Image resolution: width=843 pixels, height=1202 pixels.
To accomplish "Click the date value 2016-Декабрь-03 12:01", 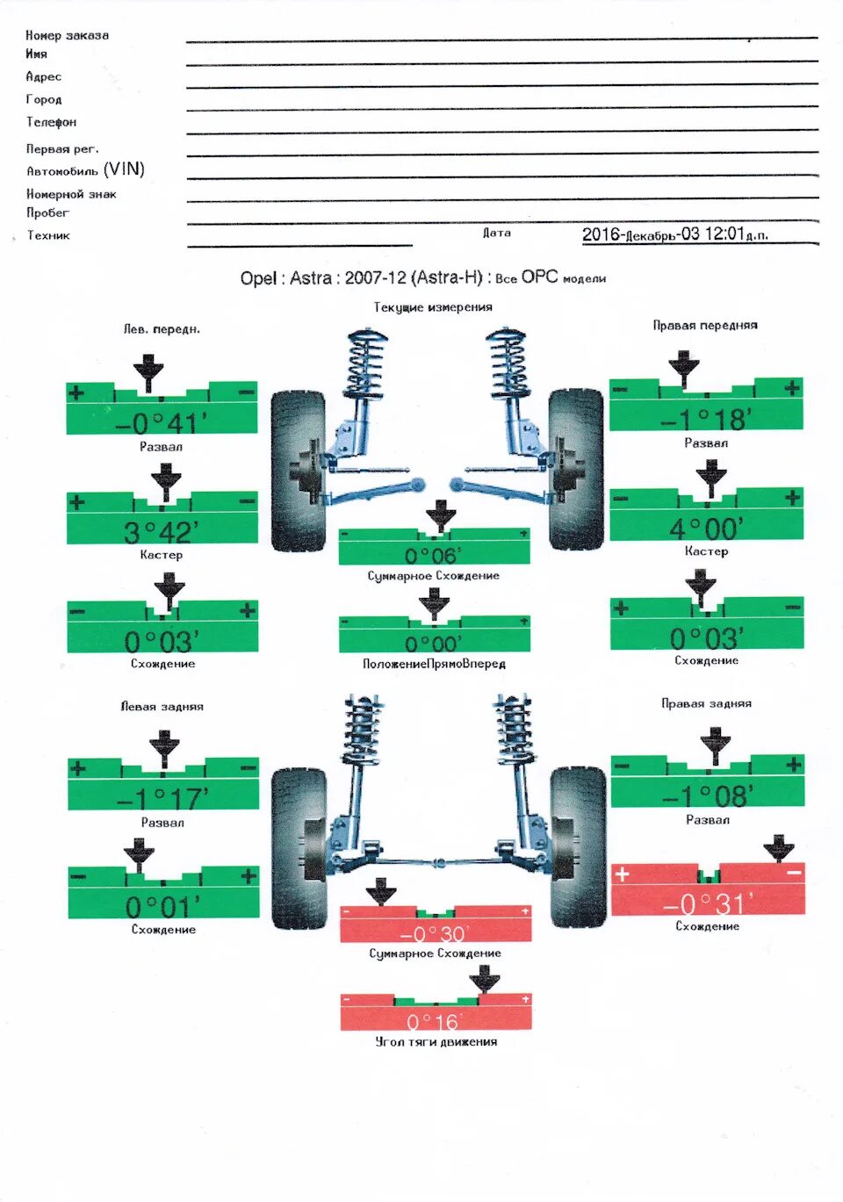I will pyautogui.click(x=674, y=234).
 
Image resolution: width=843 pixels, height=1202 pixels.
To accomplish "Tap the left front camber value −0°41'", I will pyautogui.click(x=162, y=423).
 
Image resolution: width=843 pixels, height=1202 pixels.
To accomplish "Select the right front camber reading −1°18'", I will pyautogui.click(x=706, y=420).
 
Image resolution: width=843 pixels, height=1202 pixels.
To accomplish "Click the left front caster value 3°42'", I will pyautogui.click(x=162, y=532).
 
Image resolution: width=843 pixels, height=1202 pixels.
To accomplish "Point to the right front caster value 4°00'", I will pyautogui.click(x=706, y=529).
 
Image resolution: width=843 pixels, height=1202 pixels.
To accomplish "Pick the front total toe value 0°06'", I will pyautogui.click(x=434, y=556).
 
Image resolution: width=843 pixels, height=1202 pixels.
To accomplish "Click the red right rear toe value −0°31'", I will pyautogui.click(x=708, y=903).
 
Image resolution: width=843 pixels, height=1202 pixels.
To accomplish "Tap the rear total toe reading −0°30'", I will pyautogui.click(x=435, y=933).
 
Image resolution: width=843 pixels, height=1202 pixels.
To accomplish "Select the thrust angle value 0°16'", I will pyautogui.click(x=435, y=1022).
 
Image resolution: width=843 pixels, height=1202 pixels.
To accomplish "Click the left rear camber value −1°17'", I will pyautogui.click(x=163, y=799).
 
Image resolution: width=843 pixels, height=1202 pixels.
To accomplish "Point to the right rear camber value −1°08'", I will pyautogui.click(x=708, y=796).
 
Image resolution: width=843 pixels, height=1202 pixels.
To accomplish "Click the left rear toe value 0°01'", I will pyautogui.click(x=163, y=905).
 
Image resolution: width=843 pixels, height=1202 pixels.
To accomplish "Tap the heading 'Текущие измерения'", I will pyautogui.click(x=433, y=307).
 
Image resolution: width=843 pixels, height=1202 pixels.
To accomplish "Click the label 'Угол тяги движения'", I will pyautogui.click(x=436, y=1042).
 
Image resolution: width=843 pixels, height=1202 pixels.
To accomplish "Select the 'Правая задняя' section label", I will pyautogui.click(x=706, y=703).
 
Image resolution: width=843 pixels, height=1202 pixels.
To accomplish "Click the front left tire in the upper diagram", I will pyautogui.click(x=296, y=470).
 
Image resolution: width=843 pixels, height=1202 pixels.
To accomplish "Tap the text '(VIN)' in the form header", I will pyautogui.click(x=124, y=169).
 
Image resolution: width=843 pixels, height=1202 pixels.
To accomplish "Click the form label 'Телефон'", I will pyautogui.click(x=51, y=122).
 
